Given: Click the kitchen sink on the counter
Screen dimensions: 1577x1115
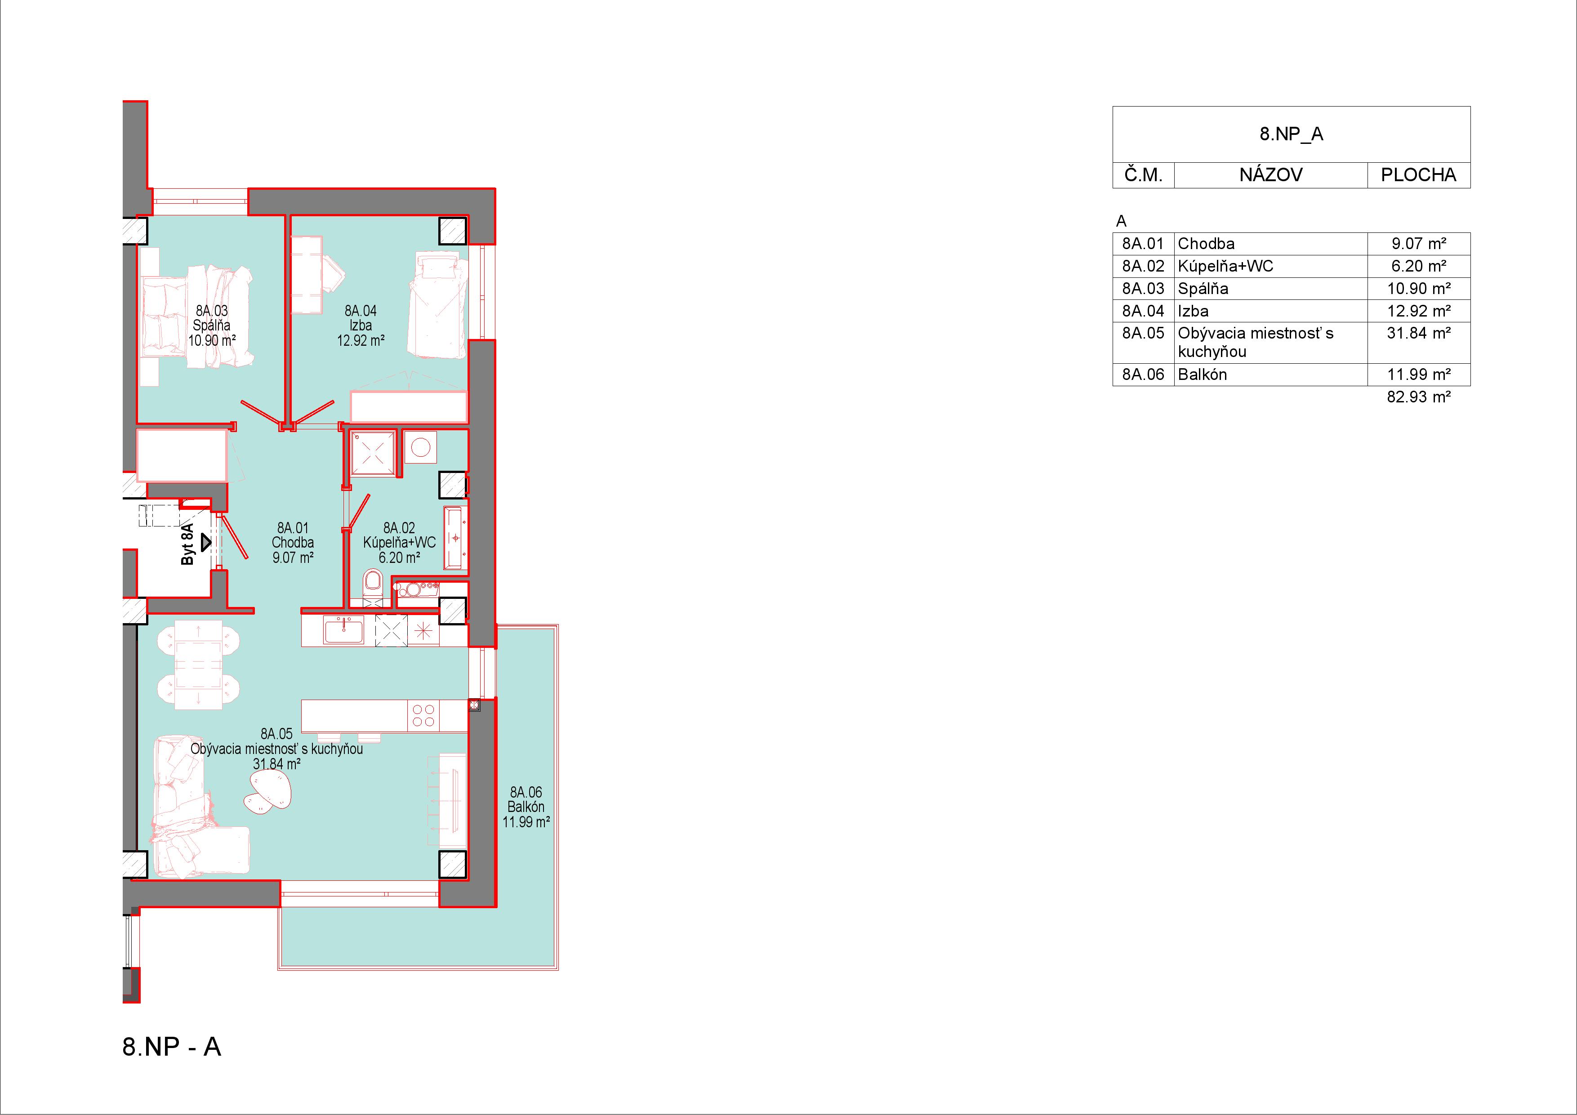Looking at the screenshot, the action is point(344,630).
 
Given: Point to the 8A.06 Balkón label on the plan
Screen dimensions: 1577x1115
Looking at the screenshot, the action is point(526,807).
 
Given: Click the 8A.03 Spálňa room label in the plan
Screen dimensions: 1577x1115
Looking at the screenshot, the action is point(212,325).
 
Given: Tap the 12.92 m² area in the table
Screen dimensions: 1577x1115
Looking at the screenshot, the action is point(1418,311).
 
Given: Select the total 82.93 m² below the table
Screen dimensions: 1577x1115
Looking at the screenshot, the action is point(1418,397).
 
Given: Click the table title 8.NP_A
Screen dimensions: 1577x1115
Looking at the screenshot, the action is point(1291,134).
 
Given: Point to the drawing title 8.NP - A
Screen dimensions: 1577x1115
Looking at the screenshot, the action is point(172,1046).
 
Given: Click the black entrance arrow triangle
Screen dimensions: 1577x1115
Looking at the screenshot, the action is point(205,544).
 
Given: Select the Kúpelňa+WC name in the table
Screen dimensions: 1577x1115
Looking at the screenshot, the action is point(1225,266).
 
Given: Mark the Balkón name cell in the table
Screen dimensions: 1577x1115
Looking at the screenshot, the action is point(1202,375).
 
